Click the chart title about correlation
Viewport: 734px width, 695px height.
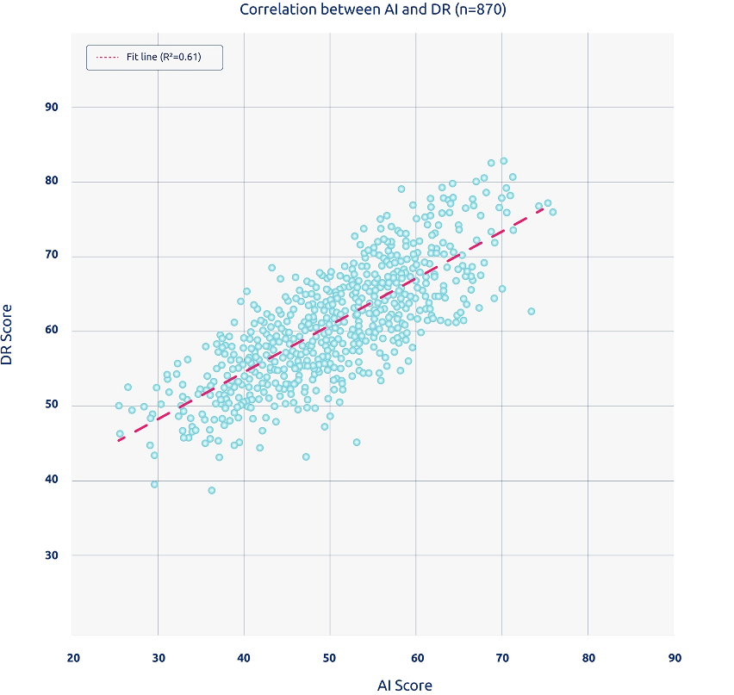pos(374,9)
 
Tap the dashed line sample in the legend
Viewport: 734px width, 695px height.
pos(108,57)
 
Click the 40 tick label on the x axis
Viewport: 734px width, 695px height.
pos(244,658)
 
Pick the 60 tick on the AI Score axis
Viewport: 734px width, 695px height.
pos(415,658)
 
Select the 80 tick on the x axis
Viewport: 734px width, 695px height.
pos(588,658)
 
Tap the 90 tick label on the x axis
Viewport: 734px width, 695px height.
pos(674,658)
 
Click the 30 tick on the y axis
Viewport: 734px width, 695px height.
pos(52,555)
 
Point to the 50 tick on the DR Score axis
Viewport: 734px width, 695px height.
pos(52,406)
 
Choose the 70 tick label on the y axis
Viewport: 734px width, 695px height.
pos(52,256)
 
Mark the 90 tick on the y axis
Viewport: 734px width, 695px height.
pos(52,107)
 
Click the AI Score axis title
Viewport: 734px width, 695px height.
pos(405,686)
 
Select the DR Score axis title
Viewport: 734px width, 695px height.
pos(9,333)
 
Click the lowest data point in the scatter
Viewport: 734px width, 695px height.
pos(211,490)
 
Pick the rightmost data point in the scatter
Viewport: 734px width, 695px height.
pos(552,212)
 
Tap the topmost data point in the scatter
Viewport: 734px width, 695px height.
pos(503,161)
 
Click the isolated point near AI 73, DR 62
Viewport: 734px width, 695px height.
pos(531,311)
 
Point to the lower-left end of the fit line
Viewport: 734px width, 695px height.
pos(119,440)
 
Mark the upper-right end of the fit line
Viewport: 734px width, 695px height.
pos(544,208)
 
